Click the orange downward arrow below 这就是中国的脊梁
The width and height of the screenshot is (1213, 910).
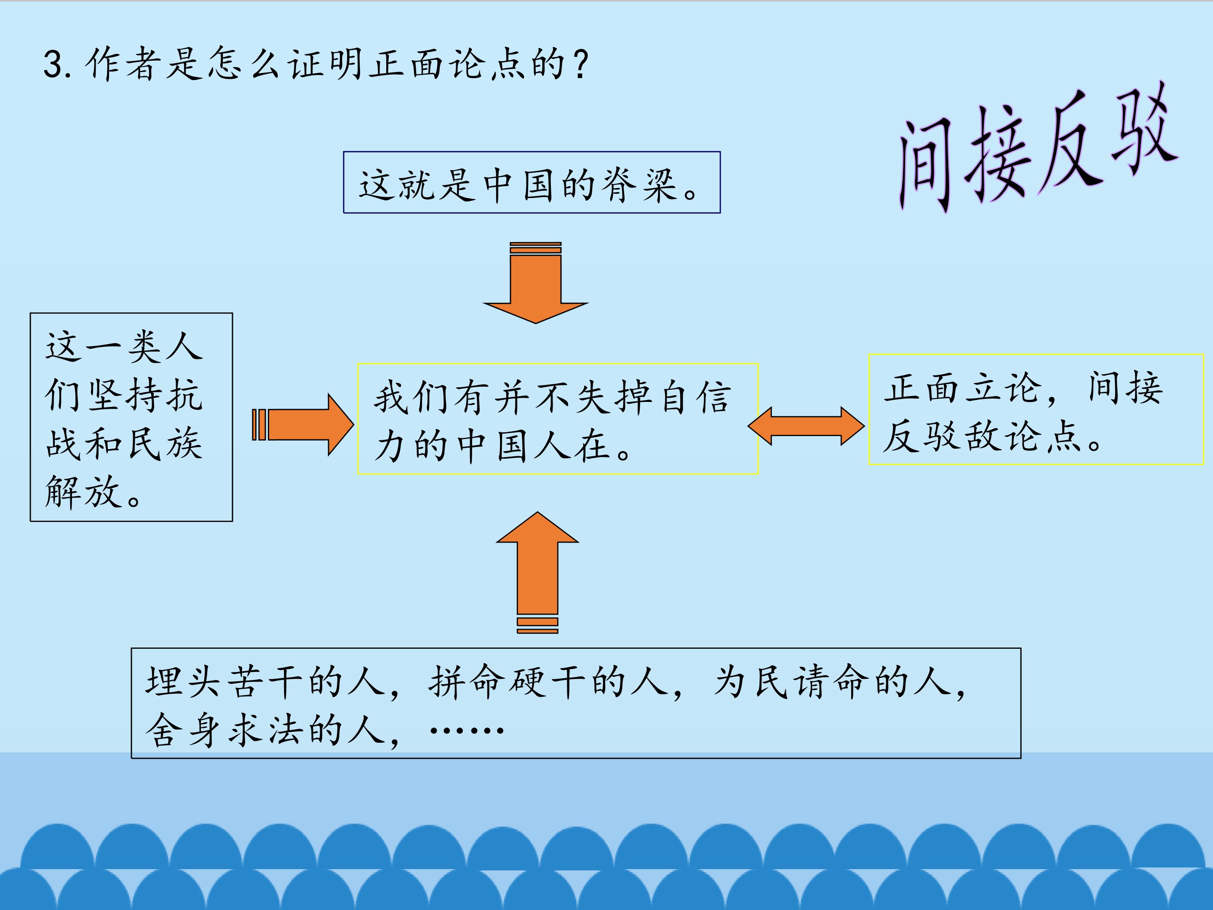click(536, 283)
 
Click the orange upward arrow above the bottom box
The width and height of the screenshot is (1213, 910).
click(537, 573)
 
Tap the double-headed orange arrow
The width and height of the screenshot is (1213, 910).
click(806, 426)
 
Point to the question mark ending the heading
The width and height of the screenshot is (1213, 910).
click(580, 64)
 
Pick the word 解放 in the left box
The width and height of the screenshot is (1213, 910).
click(82, 492)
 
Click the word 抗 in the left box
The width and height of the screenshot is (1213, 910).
click(185, 395)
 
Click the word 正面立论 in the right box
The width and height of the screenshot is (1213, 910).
click(962, 388)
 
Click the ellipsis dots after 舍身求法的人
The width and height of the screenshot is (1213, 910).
click(467, 730)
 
